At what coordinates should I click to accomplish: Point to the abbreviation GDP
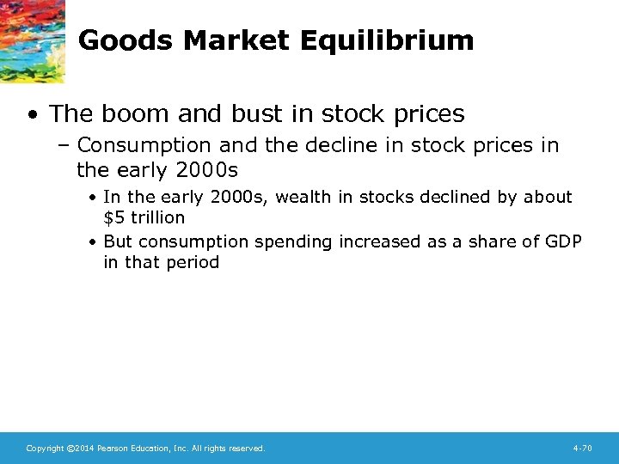[x=563, y=242]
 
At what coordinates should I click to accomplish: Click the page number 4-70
[x=582, y=449]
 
